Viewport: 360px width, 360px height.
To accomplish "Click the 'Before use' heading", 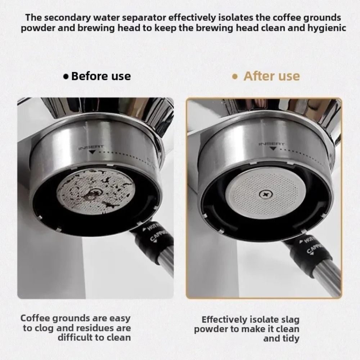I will pos(101,76).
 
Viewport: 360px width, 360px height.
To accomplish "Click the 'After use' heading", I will pos(271,76).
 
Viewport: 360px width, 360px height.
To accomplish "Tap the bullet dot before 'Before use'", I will pos(66,77).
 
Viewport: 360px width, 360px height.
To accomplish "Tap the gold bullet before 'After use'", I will pos(235,77).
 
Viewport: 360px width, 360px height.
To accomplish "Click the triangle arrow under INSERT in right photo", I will pos(273,148).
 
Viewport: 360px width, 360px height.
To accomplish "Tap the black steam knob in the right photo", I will pos(308,252).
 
